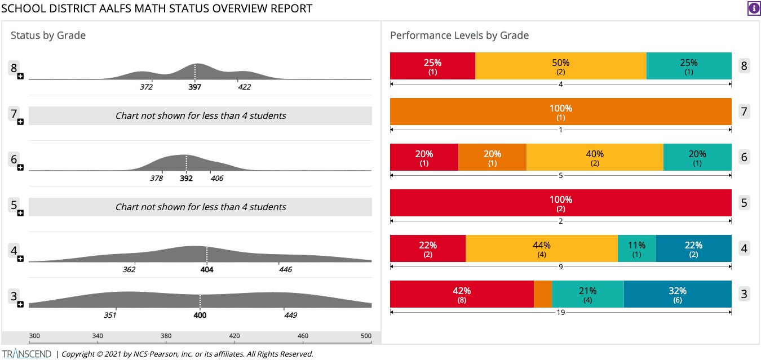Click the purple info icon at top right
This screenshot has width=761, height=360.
tap(753, 8)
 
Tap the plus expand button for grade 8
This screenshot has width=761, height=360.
tap(20, 76)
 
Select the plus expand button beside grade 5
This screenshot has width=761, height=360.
tap(20, 213)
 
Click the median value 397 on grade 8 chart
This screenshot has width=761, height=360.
tap(195, 87)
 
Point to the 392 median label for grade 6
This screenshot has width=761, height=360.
tap(186, 179)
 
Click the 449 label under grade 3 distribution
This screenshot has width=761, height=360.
tap(290, 315)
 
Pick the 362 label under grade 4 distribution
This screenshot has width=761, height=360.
tap(129, 270)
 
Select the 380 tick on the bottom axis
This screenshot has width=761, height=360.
tap(166, 336)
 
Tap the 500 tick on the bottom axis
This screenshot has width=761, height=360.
tap(366, 336)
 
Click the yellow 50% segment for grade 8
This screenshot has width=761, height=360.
tap(560, 66)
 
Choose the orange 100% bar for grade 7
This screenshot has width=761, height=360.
tap(560, 112)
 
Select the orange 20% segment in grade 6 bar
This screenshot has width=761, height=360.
tap(492, 158)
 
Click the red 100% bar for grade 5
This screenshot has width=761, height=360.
tap(560, 203)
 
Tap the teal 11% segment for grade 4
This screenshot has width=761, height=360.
tap(636, 249)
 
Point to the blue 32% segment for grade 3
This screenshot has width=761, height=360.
tap(677, 295)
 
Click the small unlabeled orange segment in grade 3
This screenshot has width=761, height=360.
tap(542, 295)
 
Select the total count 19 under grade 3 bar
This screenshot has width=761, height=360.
tap(560, 312)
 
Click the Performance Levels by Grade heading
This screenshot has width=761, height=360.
tap(459, 35)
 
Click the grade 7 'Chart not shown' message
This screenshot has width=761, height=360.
tap(201, 116)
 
